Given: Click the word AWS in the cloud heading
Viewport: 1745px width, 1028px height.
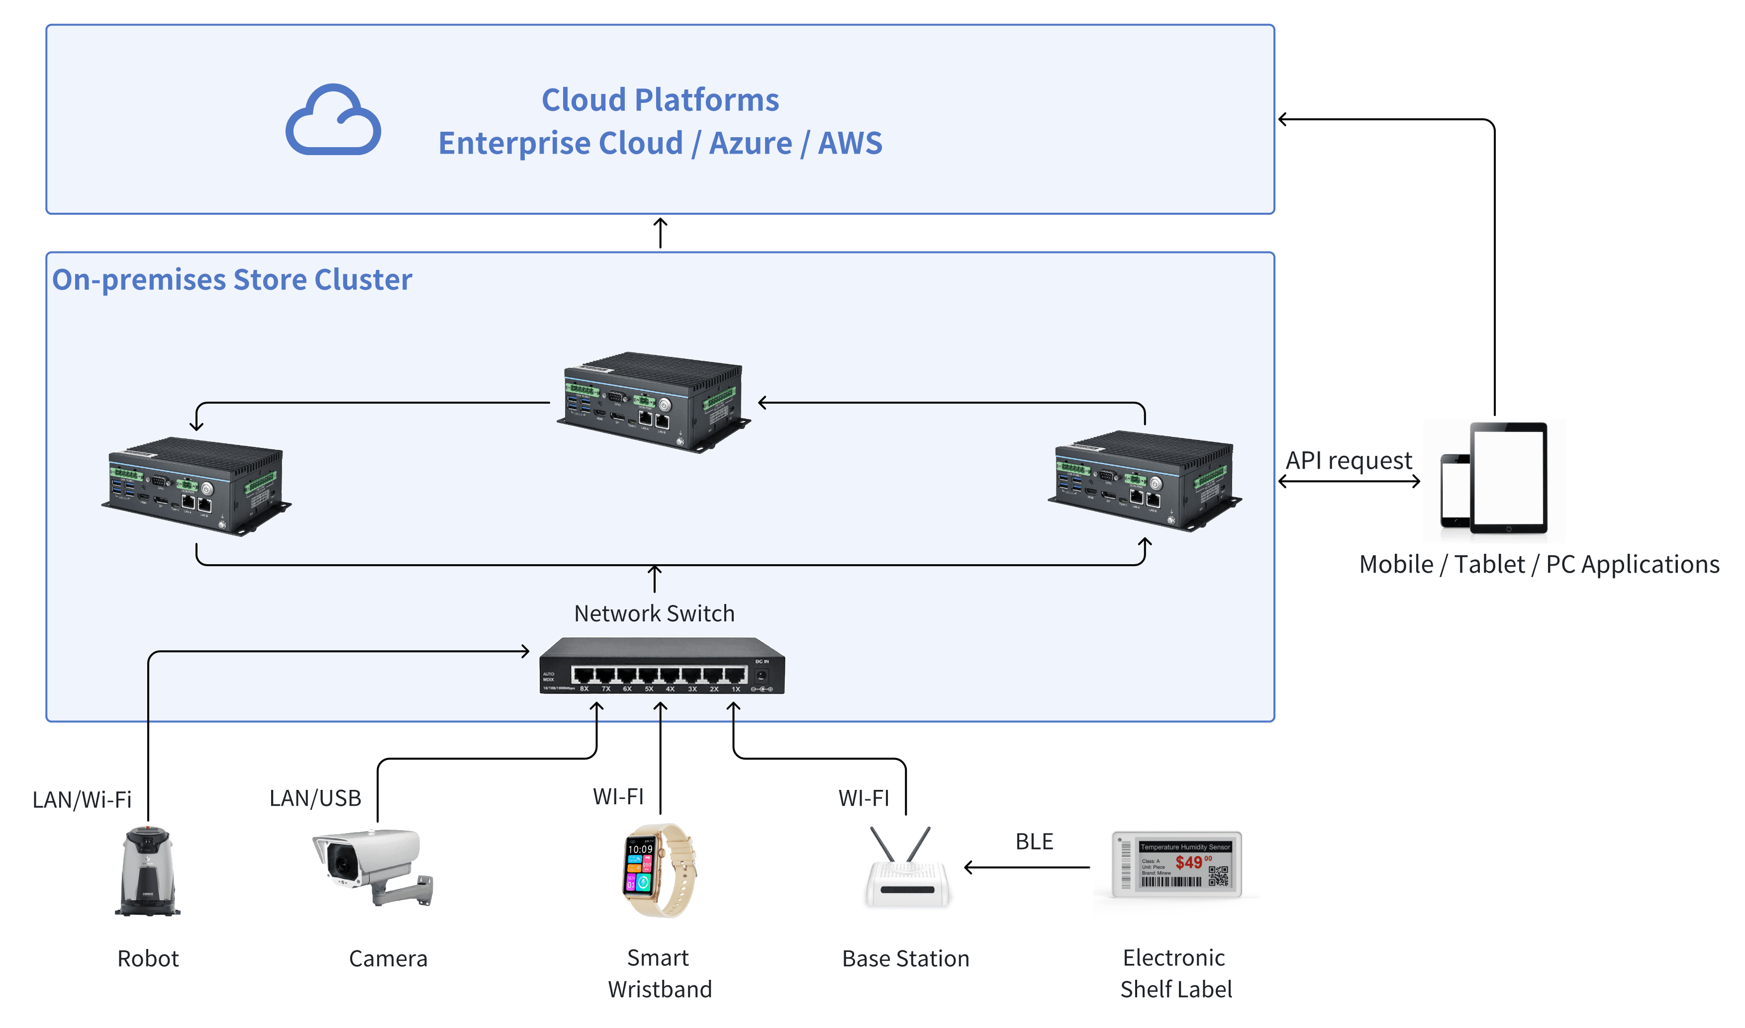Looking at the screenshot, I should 850,143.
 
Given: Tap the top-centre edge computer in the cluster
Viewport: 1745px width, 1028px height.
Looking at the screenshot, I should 653,402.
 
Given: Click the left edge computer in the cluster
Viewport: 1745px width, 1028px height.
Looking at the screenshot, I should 196,486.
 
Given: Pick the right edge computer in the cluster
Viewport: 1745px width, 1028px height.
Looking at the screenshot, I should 1144,480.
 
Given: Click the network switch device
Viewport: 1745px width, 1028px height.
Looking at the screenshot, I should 662,667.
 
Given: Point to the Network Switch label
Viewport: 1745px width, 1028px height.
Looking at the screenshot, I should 654,614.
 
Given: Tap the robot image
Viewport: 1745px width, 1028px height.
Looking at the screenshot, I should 148,871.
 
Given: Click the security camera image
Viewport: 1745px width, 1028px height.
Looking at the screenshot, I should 373,866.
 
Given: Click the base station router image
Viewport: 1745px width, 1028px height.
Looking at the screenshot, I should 907,869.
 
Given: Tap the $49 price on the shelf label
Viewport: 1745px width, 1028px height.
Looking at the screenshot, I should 1189,862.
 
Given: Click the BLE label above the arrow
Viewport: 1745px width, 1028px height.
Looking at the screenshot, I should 1034,842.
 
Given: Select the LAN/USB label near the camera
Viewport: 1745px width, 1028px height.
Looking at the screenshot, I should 315,799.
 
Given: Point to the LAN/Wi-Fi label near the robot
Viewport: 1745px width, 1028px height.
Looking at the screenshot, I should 82,800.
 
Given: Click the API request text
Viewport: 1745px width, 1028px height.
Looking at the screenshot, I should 1349,461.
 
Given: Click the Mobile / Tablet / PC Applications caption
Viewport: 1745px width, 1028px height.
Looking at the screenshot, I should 1539,565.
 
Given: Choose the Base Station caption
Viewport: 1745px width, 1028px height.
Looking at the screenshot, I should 906,959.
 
